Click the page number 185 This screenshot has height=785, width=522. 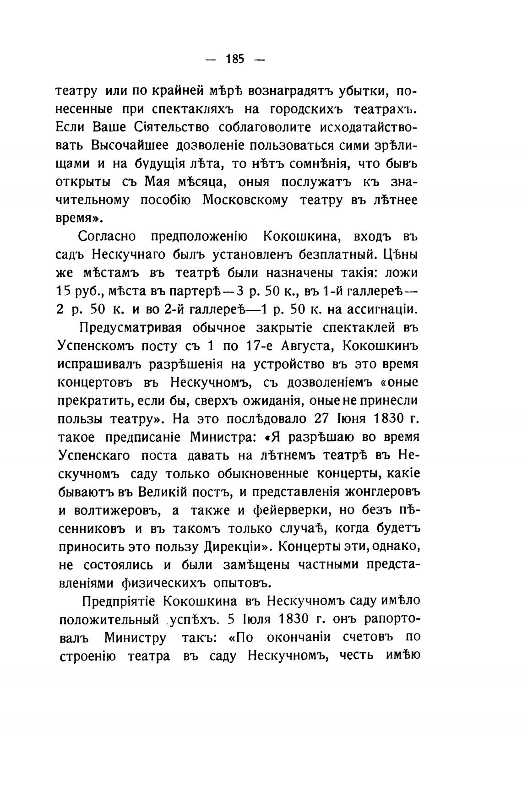point(235,59)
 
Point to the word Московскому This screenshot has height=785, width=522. point(245,200)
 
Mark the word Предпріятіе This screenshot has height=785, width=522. point(119,601)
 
